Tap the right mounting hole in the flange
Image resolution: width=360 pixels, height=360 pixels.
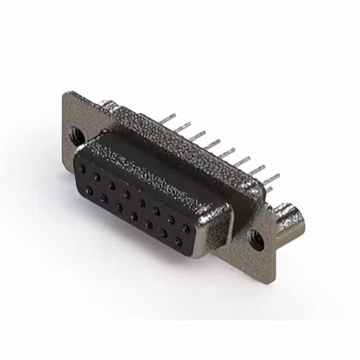pos(256,238)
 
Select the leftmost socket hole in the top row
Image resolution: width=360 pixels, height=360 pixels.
pos(83,169)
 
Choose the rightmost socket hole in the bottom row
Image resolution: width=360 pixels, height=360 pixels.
pos(179,242)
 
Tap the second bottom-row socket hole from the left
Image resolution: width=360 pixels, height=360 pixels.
pos(105,198)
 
